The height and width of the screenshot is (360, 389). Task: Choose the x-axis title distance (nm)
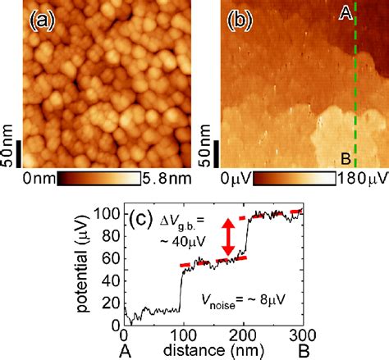click(x=212, y=351)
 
